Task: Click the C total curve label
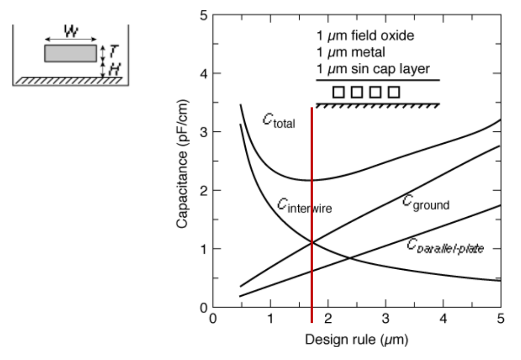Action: coord(279,121)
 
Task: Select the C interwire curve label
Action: coord(304,206)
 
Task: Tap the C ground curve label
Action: coord(426,203)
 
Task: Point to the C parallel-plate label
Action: coord(445,246)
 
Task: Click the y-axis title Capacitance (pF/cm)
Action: coord(182,164)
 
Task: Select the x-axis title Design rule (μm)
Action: coord(357,340)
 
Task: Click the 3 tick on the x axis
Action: coord(386,319)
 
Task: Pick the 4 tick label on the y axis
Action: coord(204,74)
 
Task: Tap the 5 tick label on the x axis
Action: coord(500,319)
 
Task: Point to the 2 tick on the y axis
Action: coord(204,191)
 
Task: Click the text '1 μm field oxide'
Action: coord(365,35)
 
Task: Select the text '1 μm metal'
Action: coord(351,52)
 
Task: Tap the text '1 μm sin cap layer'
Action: coord(373,69)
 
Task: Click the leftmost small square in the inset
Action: coord(338,92)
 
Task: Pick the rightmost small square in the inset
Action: coord(394,92)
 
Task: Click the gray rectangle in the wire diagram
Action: coord(71,53)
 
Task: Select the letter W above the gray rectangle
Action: coord(71,31)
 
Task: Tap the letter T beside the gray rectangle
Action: coord(113,51)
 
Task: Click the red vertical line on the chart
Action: coord(312,215)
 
